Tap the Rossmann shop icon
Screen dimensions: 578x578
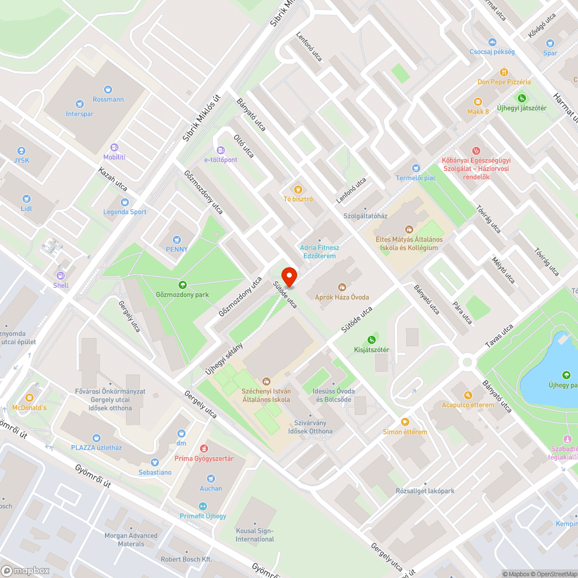coord(108,89)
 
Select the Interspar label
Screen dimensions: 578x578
coord(80,114)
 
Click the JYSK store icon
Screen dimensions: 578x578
coord(22,150)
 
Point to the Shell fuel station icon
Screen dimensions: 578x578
coord(61,275)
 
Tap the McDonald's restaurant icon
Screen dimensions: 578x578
coord(30,398)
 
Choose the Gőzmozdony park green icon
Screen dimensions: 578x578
coord(183,284)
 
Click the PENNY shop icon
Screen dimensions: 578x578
coord(177,239)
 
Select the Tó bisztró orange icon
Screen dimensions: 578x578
coord(298,189)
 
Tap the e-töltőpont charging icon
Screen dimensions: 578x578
coord(221,150)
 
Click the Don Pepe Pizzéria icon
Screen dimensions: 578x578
coord(503,72)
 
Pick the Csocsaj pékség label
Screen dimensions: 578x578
coord(492,51)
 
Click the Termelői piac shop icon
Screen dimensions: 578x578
coord(414,168)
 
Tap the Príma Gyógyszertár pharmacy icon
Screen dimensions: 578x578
coord(203,449)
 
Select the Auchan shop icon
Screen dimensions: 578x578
coord(210,478)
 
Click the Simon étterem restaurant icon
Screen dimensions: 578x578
coord(405,422)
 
